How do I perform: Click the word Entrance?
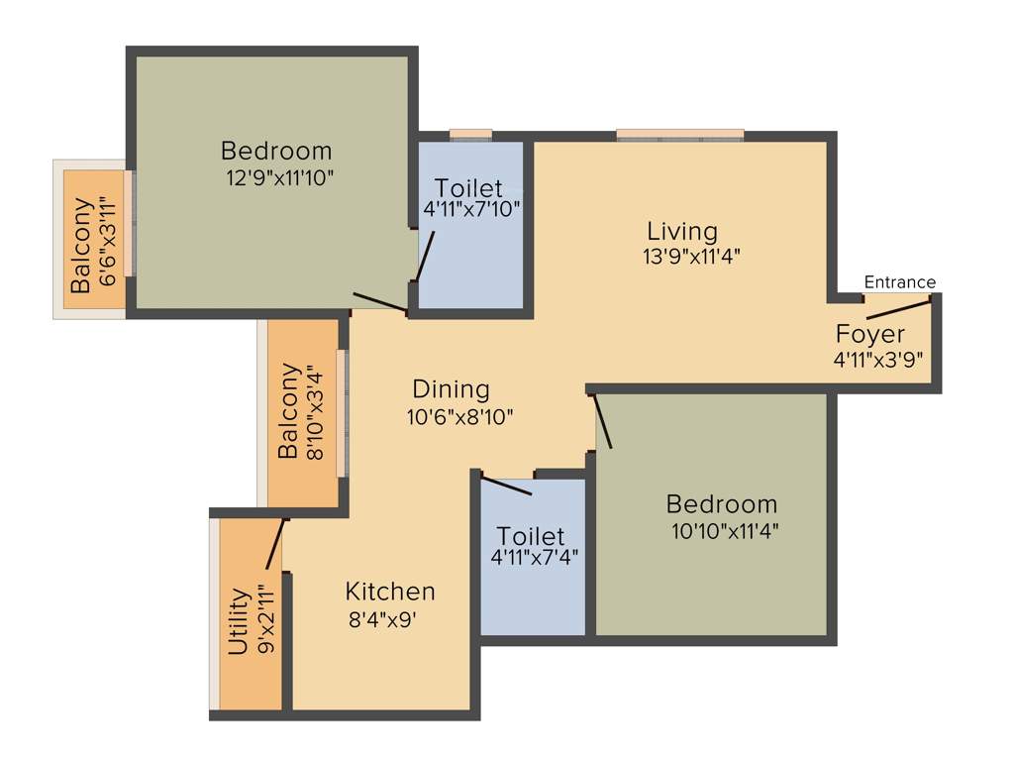coord(899,282)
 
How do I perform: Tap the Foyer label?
coord(870,333)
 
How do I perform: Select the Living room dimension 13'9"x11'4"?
coord(691,256)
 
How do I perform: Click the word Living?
coord(682,232)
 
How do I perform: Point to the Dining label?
coord(451,389)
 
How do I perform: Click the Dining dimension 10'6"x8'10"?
coord(459,417)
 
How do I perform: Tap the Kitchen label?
coord(390,592)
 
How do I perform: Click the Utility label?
coord(238,621)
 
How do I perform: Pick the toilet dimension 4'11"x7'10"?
coord(471,209)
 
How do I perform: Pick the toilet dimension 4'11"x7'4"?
coord(535,557)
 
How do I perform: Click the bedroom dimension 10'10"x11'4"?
coord(725,530)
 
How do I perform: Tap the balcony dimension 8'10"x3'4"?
coord(314,411)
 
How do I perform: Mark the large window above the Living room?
coord(679,135)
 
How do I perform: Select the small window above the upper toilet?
coord(470,135)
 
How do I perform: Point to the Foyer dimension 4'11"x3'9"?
coord(878,360)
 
